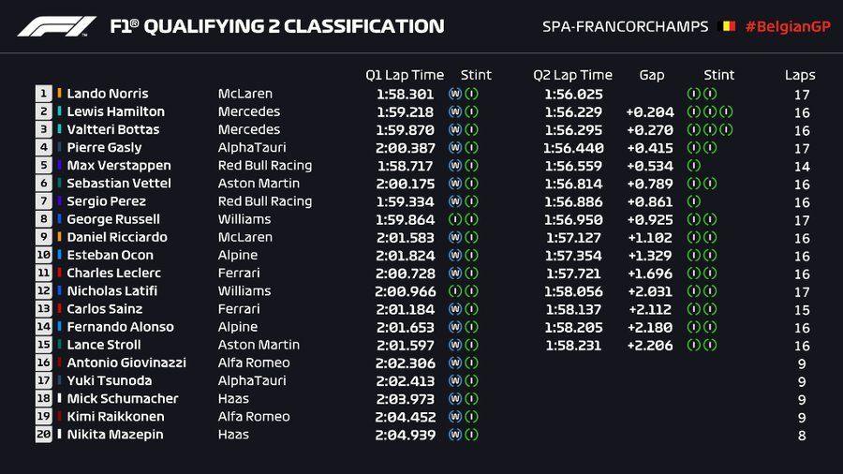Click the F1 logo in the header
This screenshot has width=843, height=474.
tap(56, 26)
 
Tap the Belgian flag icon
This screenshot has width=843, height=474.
tap(726, 26)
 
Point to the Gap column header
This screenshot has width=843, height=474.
tap(652, 75)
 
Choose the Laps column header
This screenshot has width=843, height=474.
tap(800, 75)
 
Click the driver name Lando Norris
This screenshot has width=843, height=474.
tap(107, 94)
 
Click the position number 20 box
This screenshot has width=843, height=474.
tap(44, 435)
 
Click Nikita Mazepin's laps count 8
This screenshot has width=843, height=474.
tap(802, 435)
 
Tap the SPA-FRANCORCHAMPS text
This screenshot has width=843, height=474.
tap(626, 26)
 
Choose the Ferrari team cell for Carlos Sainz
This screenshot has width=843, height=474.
tap(238, 309)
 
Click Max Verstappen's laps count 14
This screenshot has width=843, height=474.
tap(802, 165)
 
